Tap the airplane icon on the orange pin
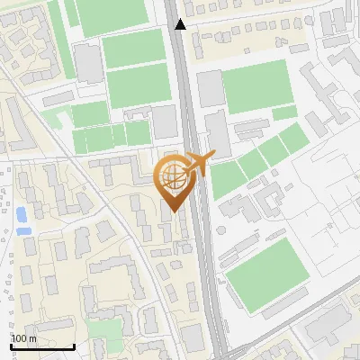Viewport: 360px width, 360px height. pyautogui.click(x=198, y=164)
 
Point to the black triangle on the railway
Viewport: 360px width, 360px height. pyautogui.click(x=181, y=24)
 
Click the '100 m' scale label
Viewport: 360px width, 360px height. pyautogui.click(x=24, y=338)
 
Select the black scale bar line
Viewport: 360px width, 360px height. pyautogui.click(x=41, y=346)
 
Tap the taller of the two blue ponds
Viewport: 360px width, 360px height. pyautogui.click(x=21, y=215)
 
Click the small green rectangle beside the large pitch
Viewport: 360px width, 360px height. pyautogui.click(x=284, y=113)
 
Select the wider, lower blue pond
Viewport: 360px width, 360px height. pyautogui.click(x=26, y=230)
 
